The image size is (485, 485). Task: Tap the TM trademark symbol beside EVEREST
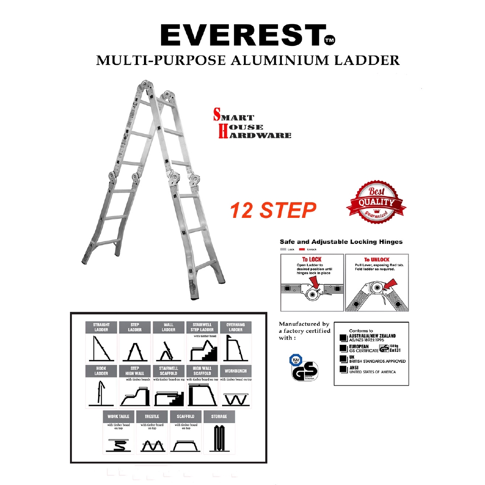(x=330, y=41)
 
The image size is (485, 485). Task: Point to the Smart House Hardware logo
(x=252, y=126)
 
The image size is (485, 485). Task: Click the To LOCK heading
(x=312, y=259)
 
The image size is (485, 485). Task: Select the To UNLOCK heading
(x=377, y=259)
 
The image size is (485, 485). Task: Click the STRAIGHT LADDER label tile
(x=101, y=327)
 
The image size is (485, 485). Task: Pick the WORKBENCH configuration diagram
(x=235, y=395)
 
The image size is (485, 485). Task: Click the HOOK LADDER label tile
(x=101, y=371)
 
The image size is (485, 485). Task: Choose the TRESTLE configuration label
(x=152, y=416)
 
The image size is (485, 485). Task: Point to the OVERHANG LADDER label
(x=235, y=327)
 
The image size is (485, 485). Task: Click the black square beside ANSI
(x=343, y=368)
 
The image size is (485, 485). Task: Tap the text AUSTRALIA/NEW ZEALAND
(x=373, y=336)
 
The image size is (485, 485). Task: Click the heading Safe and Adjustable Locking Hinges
(x=341, y=242)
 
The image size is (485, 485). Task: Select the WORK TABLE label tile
(x=118, y=416)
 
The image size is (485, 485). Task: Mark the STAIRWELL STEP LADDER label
(x=202, y=327)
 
